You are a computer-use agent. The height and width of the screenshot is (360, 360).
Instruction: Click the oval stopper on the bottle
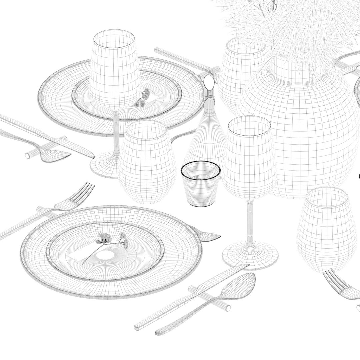(209, 81)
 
